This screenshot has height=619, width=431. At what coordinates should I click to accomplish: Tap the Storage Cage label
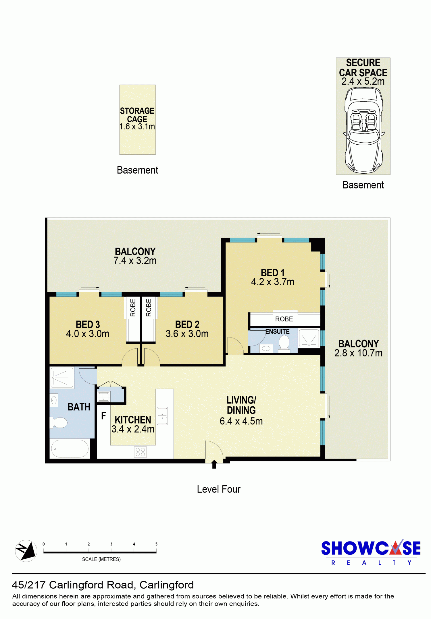click(x=137, y=115)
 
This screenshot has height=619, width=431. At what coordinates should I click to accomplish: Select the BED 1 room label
click(x=273, y=273)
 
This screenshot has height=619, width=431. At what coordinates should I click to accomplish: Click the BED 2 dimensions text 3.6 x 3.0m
click(x=187, y=334)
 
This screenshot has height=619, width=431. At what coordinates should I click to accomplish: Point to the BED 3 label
click(x=88, y=325)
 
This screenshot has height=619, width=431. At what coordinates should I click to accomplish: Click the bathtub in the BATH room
click(x=70, y=449)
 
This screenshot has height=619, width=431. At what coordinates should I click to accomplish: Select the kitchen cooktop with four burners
click(x=141, y=452)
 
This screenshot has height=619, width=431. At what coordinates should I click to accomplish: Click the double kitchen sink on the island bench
click(x=162, y=416)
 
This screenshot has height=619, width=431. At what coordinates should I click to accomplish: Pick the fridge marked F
click(x=103, y=416)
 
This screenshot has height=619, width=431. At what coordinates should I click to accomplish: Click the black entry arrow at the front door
click(x=214, y=464)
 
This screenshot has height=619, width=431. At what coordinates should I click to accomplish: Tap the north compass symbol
click(x=26, y=551)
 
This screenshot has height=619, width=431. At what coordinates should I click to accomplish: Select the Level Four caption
click(x=219, y=489)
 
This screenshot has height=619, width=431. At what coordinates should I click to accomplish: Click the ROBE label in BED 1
click(x=284, y=319)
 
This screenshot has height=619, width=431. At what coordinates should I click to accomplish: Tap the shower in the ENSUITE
click(x=309, y=338)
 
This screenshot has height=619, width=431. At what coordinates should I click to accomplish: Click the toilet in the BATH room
click(x=59, y=422)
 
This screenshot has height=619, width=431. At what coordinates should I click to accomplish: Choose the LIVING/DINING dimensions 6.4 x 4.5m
click(x=241, y=421)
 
